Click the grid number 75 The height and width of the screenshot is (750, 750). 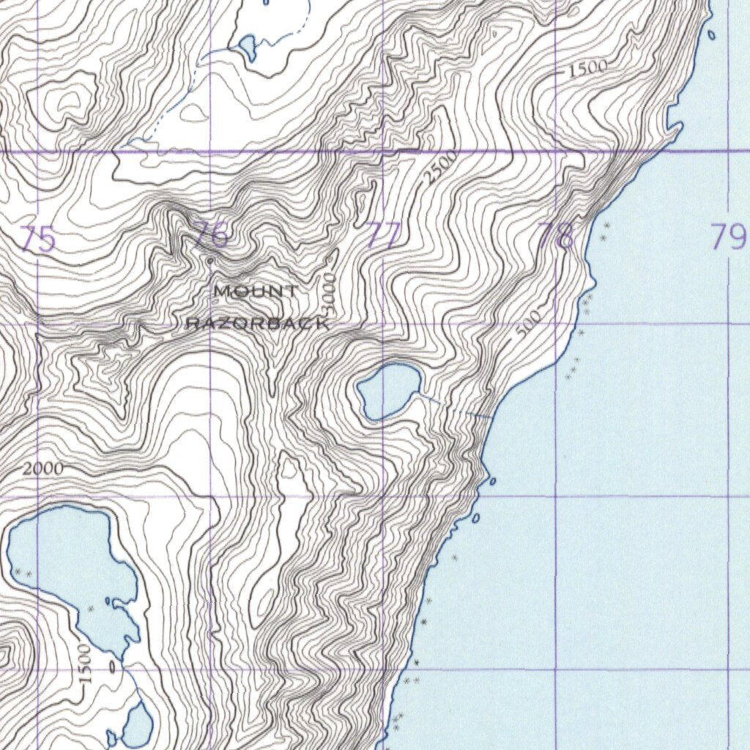pyautogui.click(x=38, y=239)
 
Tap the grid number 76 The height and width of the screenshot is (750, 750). pyautogui.click(x=212, y=235)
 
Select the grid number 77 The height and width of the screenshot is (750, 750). pyautogui.click(x=385, y=236)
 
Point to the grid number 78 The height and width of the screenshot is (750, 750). pyautogui.click(x=556, y=236)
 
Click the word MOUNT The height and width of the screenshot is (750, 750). pyautogui.click(x=256, y=292)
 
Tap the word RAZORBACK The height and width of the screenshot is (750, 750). pyautogui.click(x=256, y=323)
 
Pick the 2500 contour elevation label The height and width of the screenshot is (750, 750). pyautogui.click(x=441, y=166)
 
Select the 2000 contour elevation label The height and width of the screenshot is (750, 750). pyautogui.click(x=42, y=469)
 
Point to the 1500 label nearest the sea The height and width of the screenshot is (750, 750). pyautogui.click(x=588, y=68)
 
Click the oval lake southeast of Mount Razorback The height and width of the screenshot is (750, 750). pyautogui.click(x=389, y=390)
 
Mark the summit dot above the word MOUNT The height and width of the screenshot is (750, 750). pyautogui.click(x=209, y=260)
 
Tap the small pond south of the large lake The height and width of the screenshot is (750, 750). pyautogui.click(x=137, y=724)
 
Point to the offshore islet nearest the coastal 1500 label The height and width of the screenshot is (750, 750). pyautogui.click(x=712, y=34)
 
